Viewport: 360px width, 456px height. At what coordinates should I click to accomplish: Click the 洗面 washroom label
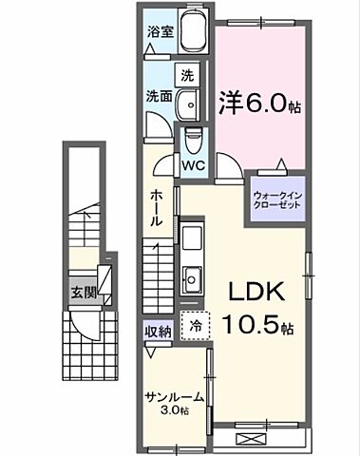coord(159,96)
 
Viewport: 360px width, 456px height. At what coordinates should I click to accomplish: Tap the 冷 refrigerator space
coord(194,325)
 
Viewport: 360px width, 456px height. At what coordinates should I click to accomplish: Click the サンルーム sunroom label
coord(169,397)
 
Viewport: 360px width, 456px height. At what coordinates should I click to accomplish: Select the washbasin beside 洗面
coord(190,102)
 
